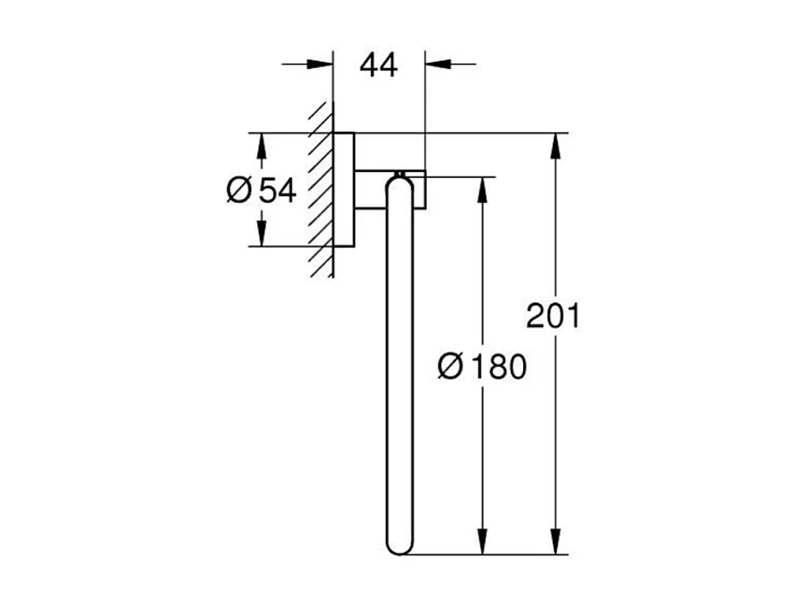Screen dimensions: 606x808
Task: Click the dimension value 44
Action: click(379, 65)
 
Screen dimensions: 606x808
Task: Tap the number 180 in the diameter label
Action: click(498, 367)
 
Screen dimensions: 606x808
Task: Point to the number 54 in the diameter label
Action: click(276, 191)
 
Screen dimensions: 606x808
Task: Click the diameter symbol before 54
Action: click(239, 191)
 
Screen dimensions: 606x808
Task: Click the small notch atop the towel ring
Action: click(399, 174)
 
